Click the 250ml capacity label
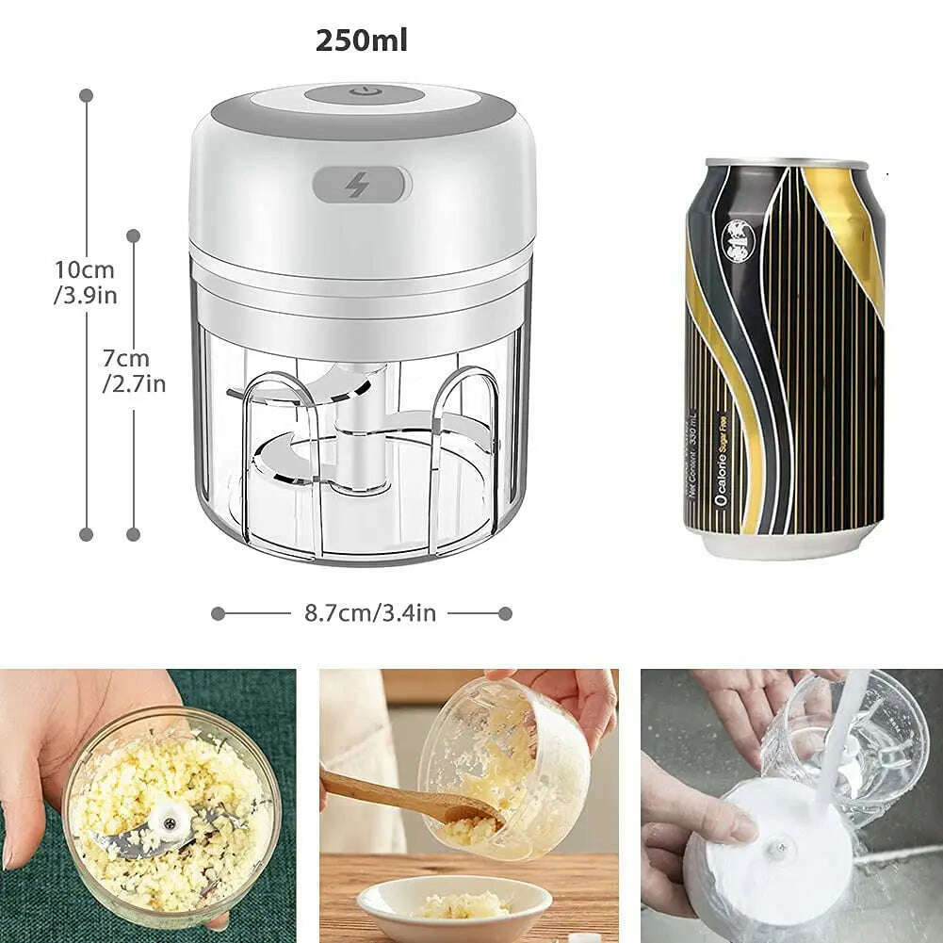tap(362, 41)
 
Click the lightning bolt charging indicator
tap(357, 186)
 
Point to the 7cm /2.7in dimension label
tap(134, 371)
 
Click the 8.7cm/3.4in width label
tap(369, 613)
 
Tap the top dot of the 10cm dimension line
tap(87, 95)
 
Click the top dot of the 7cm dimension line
tap(134, 236)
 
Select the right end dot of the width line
tap(505, 613)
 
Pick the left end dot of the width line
tap(219, 613)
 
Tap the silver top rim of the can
tap(787, 164)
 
